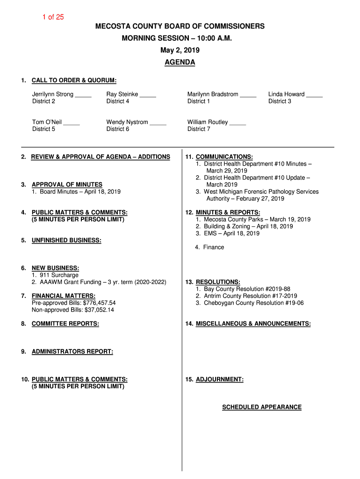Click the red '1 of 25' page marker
(x=53, y=17)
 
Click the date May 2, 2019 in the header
(x=180, y=50)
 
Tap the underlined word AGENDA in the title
(x=180, y=62)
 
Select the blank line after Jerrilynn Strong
(x=83, y=95)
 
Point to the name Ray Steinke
(x=122, y=94)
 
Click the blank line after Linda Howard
(x=315, y=95)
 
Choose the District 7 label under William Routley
(x=199, y=129)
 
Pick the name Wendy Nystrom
(x=127, y=122)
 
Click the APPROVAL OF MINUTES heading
(x=67, y=185)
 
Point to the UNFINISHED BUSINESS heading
(x=66, y=240)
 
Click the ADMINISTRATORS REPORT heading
(x=72, y=351)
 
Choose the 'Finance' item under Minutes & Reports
(x=213, y=247)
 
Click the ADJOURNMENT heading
(x=219, y=379)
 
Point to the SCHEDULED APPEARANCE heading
(x=262, y=407)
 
